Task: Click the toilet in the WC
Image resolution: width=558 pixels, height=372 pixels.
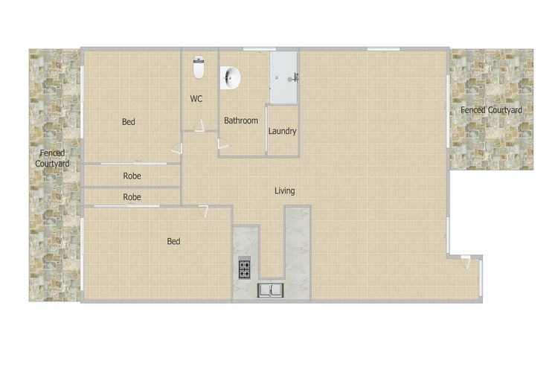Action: point(199,67)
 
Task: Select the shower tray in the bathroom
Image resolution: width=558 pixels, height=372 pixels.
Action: point(283,77)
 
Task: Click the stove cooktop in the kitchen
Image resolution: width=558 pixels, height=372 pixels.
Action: point(245,269)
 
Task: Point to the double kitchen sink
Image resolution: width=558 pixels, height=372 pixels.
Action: point(271,290)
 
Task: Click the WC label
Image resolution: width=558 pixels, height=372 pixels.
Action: point(196,99)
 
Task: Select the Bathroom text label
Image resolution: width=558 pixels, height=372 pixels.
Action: point(241,121)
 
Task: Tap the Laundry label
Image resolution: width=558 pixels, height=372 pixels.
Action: point(282,132)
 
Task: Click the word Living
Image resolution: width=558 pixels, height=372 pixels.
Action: point(285,190)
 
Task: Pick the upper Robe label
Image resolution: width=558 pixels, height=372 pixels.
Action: point(132,176)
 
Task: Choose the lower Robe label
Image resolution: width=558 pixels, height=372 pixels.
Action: point(132,197)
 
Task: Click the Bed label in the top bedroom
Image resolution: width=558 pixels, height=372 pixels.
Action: point(129,122)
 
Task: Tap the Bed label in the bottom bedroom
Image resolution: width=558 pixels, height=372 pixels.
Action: point(173,241)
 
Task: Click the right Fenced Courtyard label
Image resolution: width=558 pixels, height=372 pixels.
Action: point(492,110)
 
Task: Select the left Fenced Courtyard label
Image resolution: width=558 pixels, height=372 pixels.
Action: point(52,158)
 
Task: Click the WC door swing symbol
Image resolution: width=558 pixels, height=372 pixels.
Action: point(199,126)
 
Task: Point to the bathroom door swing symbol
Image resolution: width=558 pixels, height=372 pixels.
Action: point(222,144)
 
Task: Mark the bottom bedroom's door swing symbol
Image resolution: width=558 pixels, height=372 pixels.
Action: point(204,211)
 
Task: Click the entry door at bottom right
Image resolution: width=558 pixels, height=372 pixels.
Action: point(466,262)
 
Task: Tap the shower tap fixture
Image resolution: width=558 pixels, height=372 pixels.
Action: point(295,77)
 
